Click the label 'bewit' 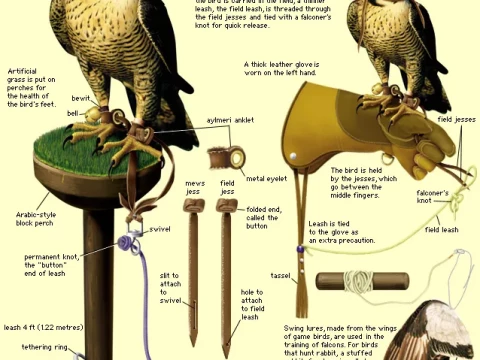(81, 98)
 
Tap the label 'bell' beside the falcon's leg (73, 114)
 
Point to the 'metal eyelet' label (269, 177)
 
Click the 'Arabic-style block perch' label (40, 219)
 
